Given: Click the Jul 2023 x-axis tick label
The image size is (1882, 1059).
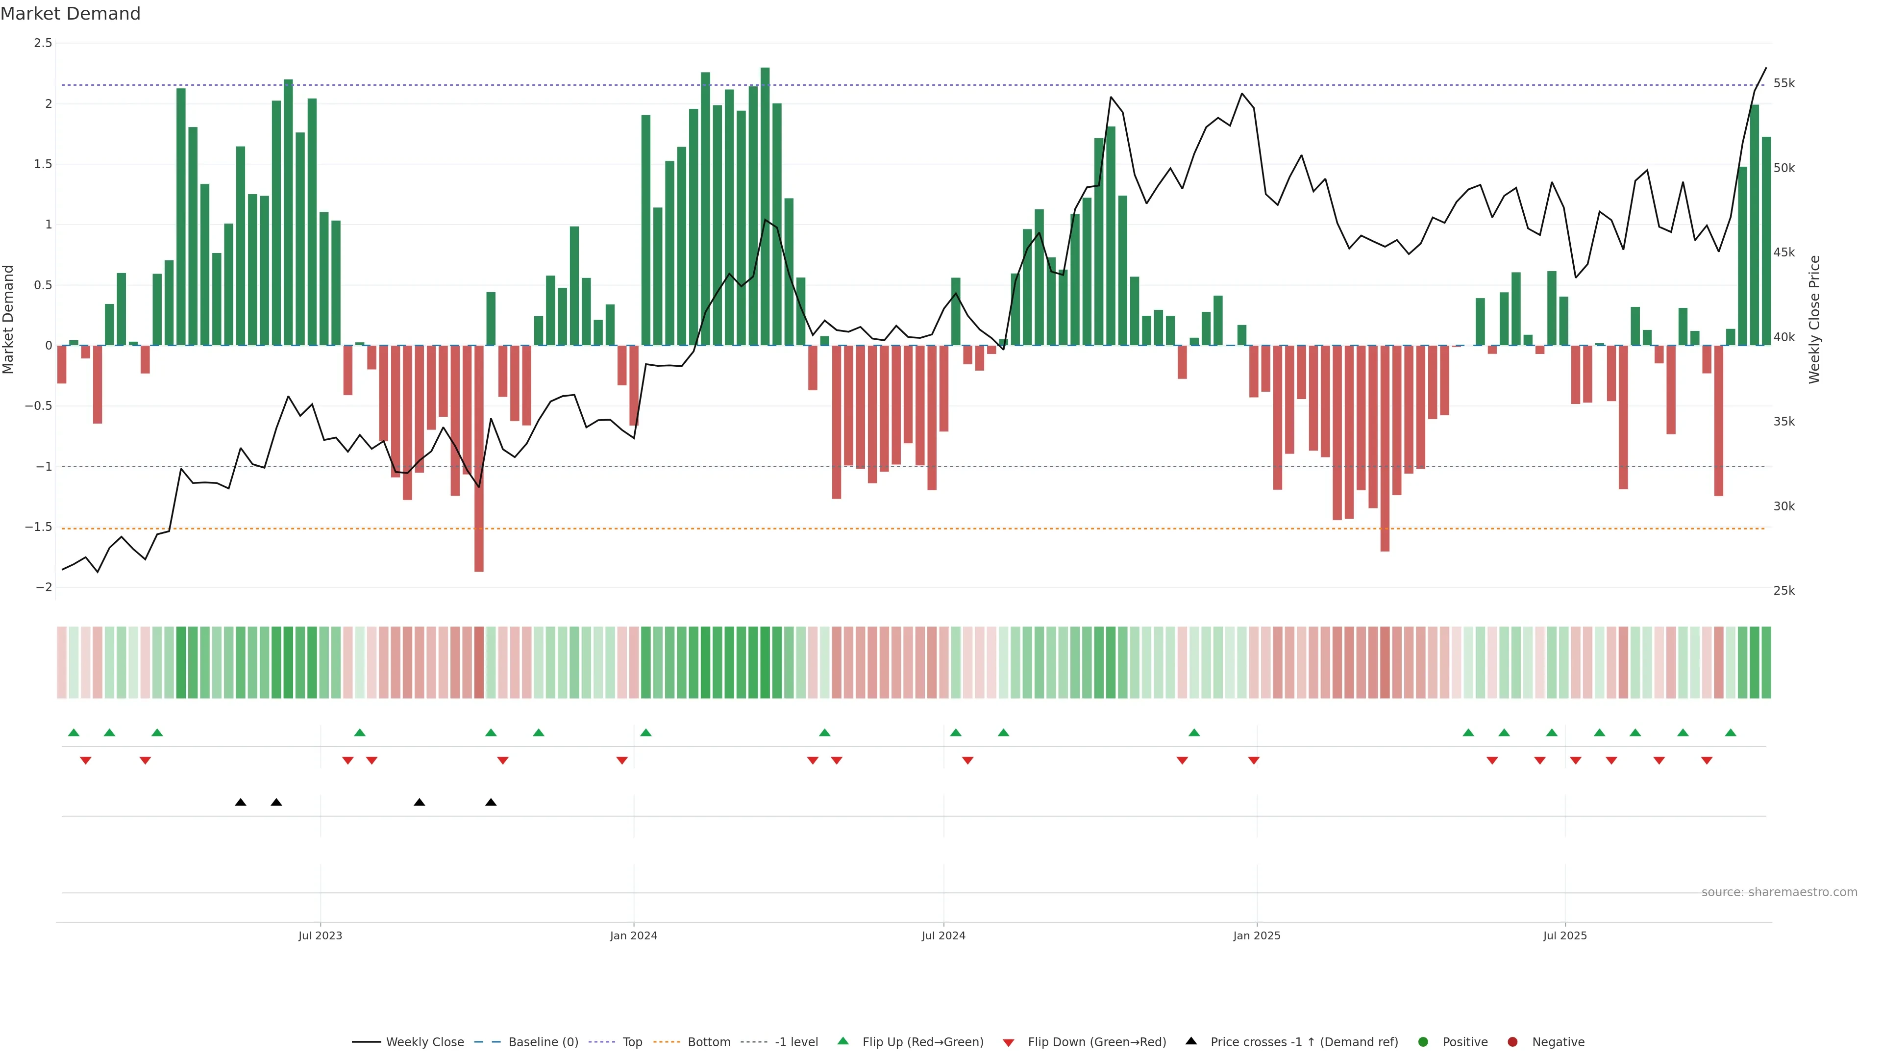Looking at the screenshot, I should pos(320,935).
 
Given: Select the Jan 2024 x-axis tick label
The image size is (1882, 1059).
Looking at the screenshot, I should pos(633,935).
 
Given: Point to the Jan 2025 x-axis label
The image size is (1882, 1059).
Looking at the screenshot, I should pos(1257,935).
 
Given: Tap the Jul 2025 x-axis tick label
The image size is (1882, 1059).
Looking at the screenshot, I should pos(1565,935).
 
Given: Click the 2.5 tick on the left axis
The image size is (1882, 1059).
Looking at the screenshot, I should pos(43,43).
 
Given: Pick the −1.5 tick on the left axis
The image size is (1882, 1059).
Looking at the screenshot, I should pos(39,527).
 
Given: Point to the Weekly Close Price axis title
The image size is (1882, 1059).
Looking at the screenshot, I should pos(1815,319).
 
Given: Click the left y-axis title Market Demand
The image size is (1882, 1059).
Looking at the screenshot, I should pos(9,319).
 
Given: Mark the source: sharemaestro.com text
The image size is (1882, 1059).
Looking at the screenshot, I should pos(1779,892).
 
